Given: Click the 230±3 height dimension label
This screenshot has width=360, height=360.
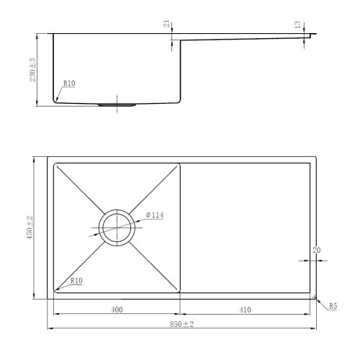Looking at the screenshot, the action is (x=32, y=70).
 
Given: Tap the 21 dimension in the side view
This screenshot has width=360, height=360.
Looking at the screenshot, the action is (x=167, y=24).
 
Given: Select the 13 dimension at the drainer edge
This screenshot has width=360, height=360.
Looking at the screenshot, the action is (x=297, y=24).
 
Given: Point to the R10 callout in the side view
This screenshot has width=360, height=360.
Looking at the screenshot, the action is (x=69, y=84).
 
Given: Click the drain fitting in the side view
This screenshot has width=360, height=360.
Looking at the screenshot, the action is (x=117, y=105).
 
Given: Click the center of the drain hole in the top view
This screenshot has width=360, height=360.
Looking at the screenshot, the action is (x=117, y=228).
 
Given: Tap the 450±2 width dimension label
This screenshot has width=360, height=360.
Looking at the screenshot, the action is (x=30, y=228).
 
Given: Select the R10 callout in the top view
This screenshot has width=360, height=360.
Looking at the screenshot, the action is (x=76, y=281).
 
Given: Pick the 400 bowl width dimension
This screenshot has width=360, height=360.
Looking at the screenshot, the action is (x=117, y=310).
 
